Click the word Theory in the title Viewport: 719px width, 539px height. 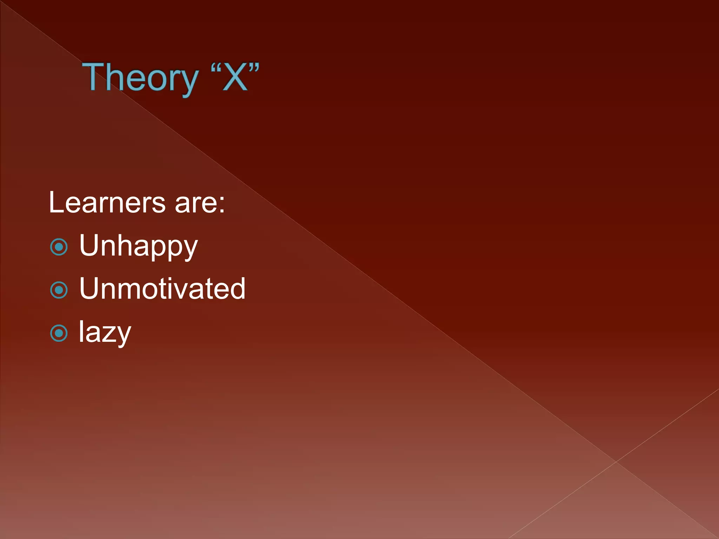click(140, 78)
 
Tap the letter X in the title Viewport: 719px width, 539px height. click(235, 78)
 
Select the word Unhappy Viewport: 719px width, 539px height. click(138, 247)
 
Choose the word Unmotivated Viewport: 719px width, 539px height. click(162, 289)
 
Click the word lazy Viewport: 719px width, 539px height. click(105, 333)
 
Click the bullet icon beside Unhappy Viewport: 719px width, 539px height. click(59, 247)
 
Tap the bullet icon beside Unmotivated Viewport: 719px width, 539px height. click(59, 290)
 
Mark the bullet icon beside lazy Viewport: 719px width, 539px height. click(59, 333)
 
